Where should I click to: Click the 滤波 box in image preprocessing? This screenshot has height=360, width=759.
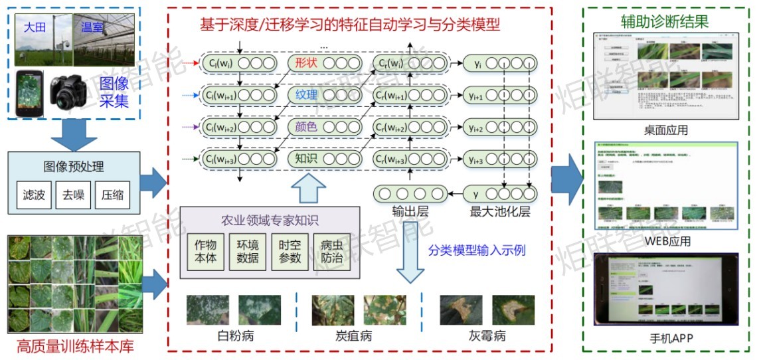click(x=33, y=195)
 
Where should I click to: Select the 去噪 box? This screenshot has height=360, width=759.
click(x=73, y=195)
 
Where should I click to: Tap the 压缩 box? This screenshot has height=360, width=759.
click(x=113, y=195)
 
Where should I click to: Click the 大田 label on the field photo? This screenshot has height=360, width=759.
click(x=35, y=28)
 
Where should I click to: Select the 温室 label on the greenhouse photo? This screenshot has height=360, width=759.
click(x=92, y=28)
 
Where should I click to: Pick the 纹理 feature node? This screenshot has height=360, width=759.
click(x=306, y=96)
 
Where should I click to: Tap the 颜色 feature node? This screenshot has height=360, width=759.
click(x=306, y=127)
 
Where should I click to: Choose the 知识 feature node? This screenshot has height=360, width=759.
click(x=306, y=158)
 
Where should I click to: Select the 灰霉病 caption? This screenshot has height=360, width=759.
click(x=487, y=335)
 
